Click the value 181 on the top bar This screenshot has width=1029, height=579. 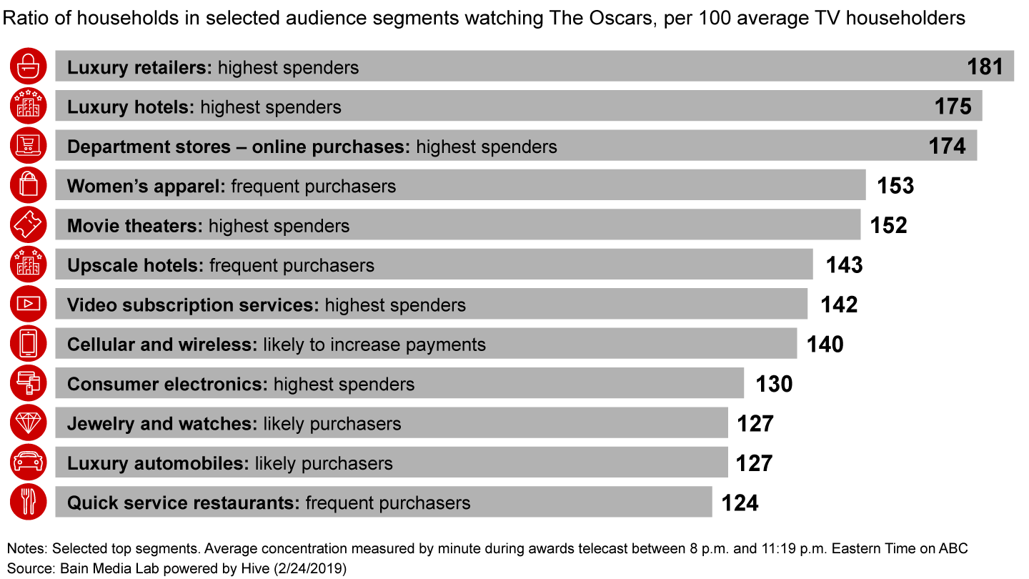point(985,66)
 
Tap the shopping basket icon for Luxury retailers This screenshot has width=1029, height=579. point(29,66)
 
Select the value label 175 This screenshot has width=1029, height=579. point(953,107)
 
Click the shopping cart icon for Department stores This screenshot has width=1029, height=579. point(29,146)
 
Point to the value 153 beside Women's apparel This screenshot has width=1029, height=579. point(895,186)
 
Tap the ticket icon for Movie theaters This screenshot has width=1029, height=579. point(29,225)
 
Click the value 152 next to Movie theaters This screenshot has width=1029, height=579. point(889,225)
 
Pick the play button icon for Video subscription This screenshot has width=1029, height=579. point(29,305)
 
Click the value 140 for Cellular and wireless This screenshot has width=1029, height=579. point(825,345)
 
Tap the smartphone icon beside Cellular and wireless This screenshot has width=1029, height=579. point(29,345)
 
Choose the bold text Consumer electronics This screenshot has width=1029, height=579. point(167,384)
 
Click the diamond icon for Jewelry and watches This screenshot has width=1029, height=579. point(29,424)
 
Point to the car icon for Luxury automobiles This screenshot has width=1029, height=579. point(29,463)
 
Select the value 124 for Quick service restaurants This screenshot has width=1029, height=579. point(740,503)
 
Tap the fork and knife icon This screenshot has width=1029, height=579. point(29,503)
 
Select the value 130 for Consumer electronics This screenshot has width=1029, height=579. point(775,384)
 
